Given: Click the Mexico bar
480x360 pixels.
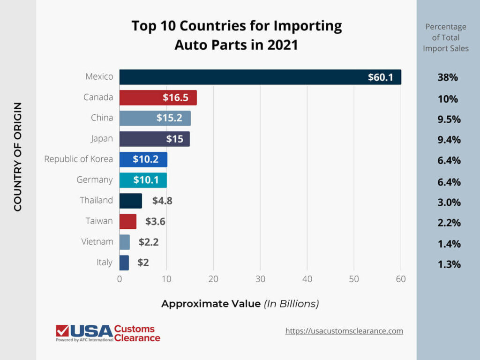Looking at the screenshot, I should (260, 77).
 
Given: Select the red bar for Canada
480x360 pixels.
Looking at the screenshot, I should (158, 97).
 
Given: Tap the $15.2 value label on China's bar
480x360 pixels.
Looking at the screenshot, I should (169, 118).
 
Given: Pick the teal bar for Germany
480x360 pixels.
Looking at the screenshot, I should (143, 180).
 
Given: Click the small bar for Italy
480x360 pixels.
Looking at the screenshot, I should (124, 262).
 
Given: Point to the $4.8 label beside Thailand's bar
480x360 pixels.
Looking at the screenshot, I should (162, 201).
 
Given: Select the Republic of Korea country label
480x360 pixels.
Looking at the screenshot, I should (78, 159).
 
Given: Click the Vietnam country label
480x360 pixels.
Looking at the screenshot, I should (97, 241).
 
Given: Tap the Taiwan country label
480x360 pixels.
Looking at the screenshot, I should (99, 221).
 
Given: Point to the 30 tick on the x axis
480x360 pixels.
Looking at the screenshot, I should (260, 279).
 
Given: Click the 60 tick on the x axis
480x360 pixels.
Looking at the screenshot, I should (401, 279).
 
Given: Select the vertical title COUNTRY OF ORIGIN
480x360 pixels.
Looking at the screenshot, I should (18, 157).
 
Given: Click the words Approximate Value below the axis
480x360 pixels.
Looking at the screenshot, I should (210, 304).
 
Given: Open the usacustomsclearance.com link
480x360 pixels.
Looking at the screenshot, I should (344, 331).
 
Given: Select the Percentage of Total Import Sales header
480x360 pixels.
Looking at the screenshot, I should (445, 37).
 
